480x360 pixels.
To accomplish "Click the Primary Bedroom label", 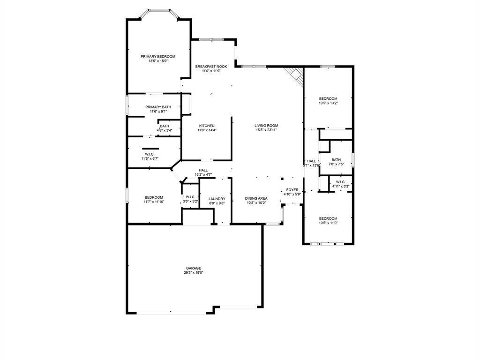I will point(158,56).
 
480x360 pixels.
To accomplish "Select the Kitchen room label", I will point(207,126).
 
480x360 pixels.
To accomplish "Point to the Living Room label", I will point(266,126).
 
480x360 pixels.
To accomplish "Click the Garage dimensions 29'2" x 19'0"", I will point(193,272).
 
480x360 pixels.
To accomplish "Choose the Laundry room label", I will point(217,199).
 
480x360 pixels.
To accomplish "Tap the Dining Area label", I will point(256,198).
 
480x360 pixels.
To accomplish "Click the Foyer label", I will point(292,190).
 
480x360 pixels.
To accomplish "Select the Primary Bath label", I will point(158,107).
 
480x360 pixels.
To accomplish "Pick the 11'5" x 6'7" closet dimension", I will point(150,158).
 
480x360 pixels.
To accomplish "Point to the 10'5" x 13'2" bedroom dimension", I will point(328,103).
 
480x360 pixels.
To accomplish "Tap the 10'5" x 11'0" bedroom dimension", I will point(328,223).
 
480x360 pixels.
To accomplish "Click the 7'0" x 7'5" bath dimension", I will point(336,164).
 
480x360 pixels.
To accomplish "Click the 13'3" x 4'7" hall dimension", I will point(203,174).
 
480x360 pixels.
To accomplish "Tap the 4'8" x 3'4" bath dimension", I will point(165,130).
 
